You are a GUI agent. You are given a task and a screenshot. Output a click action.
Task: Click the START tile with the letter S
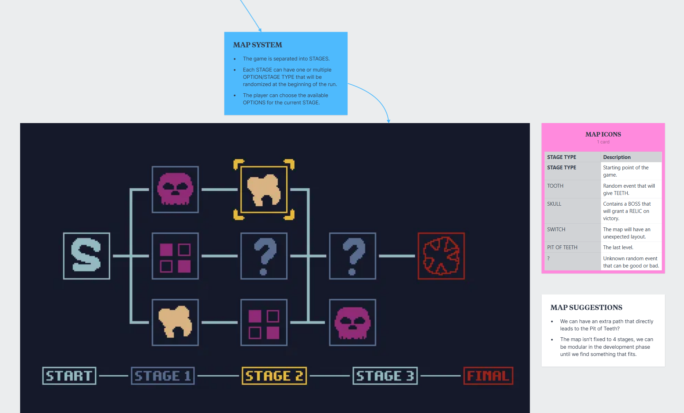(86, 256)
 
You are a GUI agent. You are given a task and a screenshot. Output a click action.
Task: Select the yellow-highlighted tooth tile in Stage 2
(264, 189)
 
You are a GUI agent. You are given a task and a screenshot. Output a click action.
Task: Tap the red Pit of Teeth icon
(441, 256)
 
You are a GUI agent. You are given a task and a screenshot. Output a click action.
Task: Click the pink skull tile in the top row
(175, 189)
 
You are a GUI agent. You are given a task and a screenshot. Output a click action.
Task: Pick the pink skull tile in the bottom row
(352, 322)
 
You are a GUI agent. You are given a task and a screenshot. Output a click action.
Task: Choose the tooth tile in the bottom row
(175, 322)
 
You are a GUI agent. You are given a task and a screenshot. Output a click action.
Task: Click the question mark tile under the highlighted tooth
(264, 256)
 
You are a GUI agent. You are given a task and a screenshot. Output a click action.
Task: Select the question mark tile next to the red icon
(352, 256)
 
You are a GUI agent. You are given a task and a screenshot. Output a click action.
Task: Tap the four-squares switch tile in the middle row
(175, 256)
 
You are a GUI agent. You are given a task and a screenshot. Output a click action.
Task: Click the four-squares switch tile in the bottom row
(264, 322)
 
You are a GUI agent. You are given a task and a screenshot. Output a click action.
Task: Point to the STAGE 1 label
(163, 376)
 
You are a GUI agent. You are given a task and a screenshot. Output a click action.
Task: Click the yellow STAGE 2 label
(274, 376)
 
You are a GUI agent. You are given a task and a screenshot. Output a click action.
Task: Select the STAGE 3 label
(385, 376)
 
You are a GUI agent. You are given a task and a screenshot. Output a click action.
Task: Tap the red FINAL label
(488, 376)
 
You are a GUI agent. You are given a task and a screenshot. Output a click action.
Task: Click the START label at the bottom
(69, 376)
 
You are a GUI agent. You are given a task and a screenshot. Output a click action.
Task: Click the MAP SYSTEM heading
(258, 45)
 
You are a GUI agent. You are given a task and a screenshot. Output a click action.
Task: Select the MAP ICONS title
(603, 134)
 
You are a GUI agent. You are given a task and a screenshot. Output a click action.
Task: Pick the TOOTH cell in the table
(555, 186)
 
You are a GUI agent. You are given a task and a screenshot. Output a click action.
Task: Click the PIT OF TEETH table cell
(562, 247)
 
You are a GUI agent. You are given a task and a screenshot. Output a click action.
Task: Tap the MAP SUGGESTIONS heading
(586, 308)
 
